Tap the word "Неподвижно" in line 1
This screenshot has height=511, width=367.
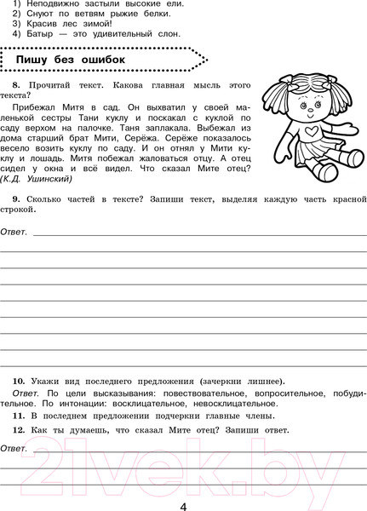(54, 2)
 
